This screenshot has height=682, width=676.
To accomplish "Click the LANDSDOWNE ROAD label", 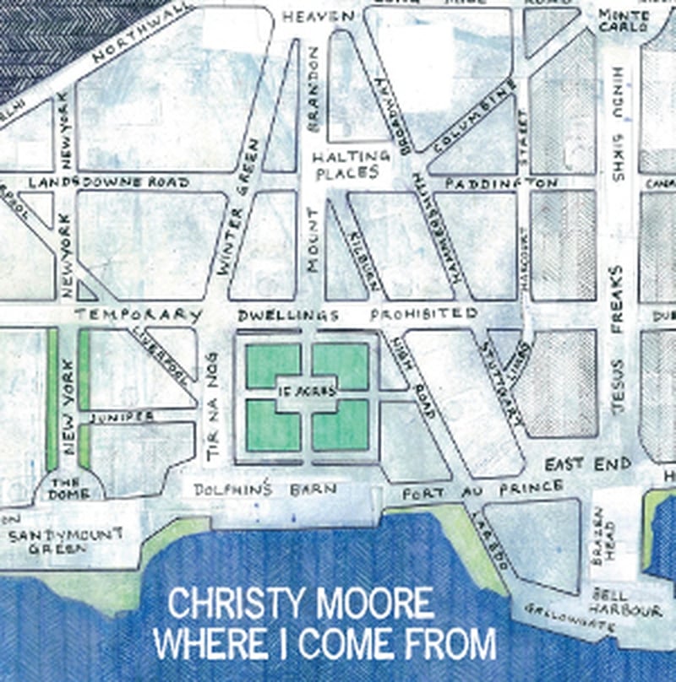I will pos(108,181).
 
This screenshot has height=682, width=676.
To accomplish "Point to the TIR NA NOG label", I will pos(212,409).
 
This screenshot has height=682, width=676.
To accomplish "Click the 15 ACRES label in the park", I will pos(307,391).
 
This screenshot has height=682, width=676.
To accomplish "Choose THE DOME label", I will pos(64,488).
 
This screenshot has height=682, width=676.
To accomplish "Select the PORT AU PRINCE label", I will pos(482,489).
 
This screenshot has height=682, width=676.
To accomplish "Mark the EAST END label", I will pos(588,464).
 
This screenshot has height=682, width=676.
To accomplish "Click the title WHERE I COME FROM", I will pos(324,644).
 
